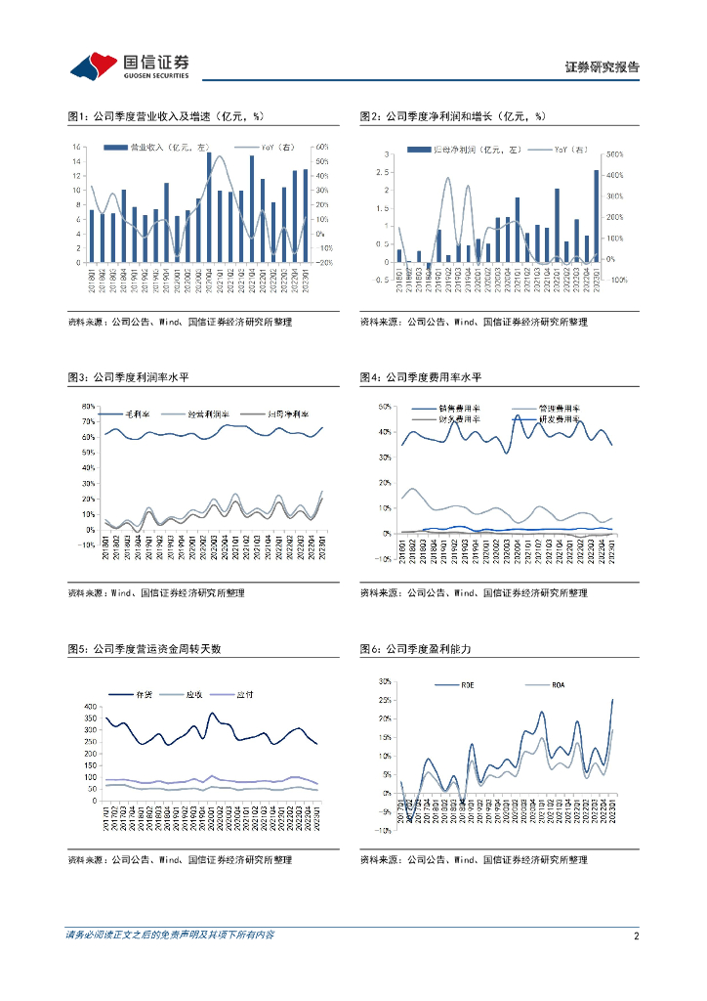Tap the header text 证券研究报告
pos(603,67)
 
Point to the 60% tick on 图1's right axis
pos(319,148)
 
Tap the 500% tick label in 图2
pos(615,154)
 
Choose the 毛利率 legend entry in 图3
pos(128,414)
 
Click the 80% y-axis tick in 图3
pos(86,407)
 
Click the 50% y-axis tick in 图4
pos(384,407)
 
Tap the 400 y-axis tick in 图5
pos(91,707)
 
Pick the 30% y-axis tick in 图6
pos(385,681)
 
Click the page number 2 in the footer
pos(636,936)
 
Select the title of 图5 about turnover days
pos(145,648)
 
